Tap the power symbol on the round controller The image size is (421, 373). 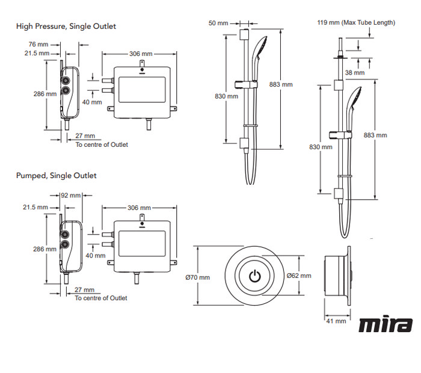255,277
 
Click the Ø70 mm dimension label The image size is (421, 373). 198,277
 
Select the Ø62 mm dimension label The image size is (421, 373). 299,276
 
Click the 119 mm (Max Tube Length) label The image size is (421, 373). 356,23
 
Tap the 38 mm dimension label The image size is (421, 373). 355,73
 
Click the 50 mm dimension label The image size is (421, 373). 218,23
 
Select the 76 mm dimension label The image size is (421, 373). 37,44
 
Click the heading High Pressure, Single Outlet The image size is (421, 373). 66,26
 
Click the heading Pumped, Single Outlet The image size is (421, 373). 56,176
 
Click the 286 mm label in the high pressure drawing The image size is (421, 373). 45,94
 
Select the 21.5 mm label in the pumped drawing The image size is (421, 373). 35,207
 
